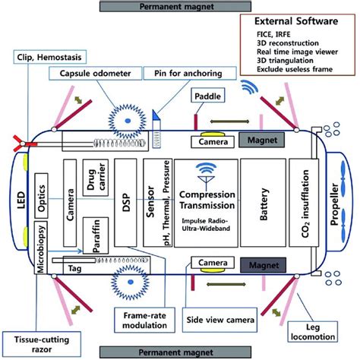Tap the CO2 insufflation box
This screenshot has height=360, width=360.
[x=302, y=206]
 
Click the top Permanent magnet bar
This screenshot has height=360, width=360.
[x=181, y=7]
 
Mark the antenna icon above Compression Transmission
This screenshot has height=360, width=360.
[x=205, y=174]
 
